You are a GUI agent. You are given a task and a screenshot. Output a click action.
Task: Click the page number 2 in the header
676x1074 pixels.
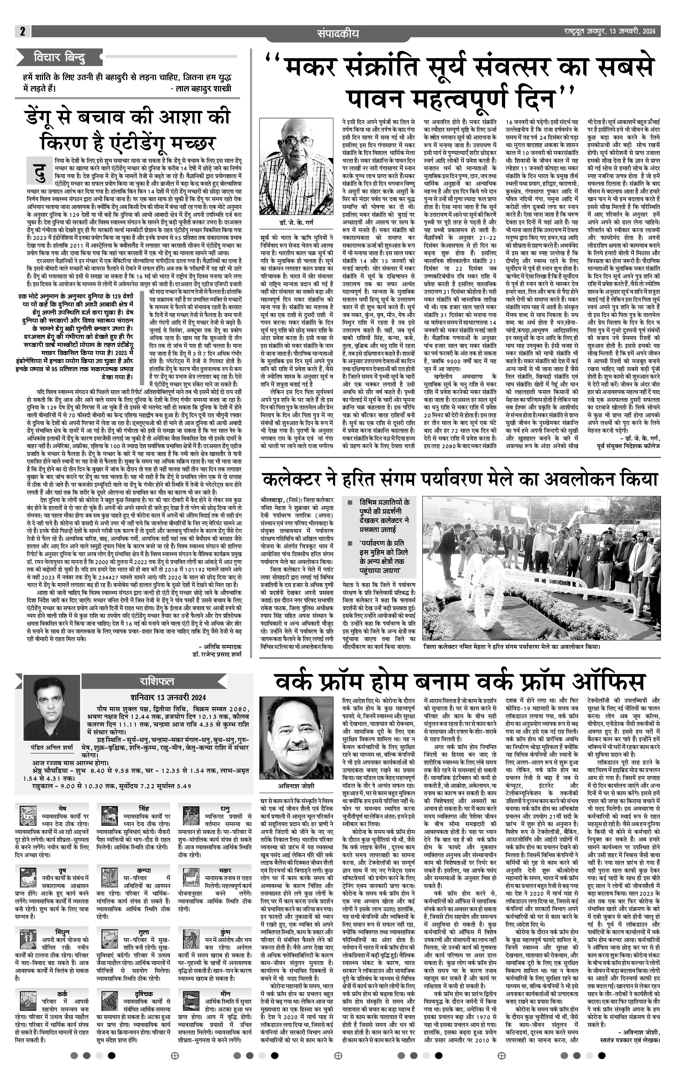[22, 31]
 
